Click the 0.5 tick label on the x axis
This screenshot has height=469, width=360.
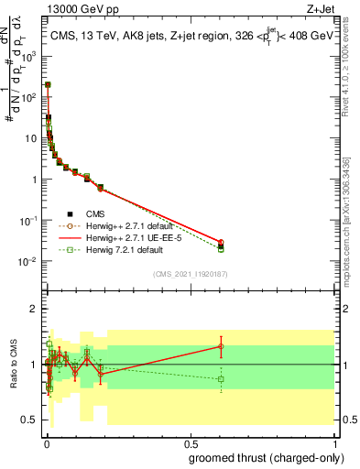click(191, 443)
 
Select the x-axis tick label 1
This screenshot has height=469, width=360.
click(336, 443)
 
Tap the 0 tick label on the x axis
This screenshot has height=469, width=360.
click(47, 443)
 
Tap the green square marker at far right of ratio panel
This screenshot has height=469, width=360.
click(221, 379)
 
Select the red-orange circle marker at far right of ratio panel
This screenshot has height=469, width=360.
click(221, 346)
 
